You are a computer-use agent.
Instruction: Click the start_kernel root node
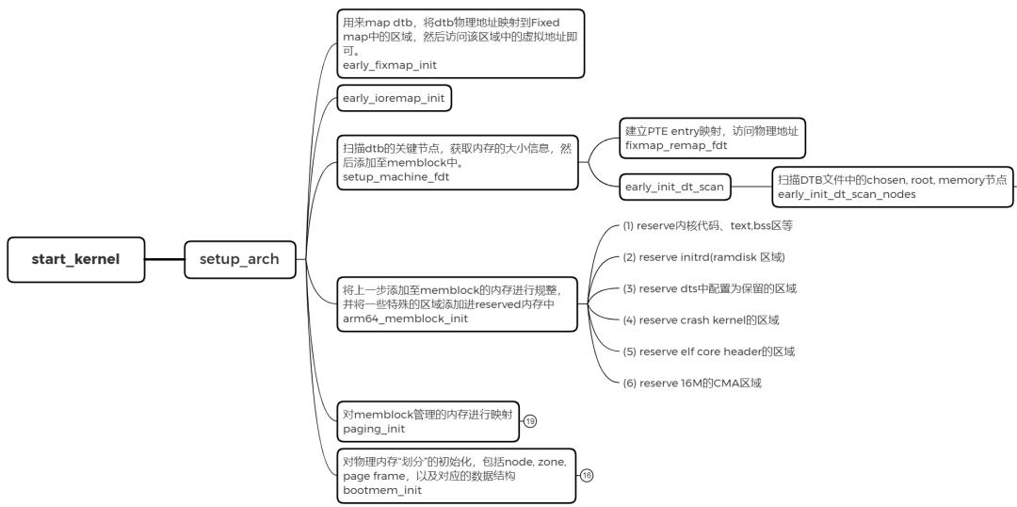[76, 259]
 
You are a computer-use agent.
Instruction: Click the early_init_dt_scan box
[674, 187]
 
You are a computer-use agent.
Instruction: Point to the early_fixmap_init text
[390, 65]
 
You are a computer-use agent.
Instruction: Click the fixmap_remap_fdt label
[676, 147]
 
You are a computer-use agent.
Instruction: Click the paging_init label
[374, 429]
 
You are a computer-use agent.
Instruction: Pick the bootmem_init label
[382, 490]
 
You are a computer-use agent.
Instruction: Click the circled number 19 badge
[529, 420]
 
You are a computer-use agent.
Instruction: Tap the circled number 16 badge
[586, 476]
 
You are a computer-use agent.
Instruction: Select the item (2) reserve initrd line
[703, 257]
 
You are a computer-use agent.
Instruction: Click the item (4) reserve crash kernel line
[701, 319]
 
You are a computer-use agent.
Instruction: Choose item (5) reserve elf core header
[708, 352]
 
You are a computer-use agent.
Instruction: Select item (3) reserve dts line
[716, 288]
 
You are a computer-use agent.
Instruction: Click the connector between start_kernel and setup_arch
[165, 259]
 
